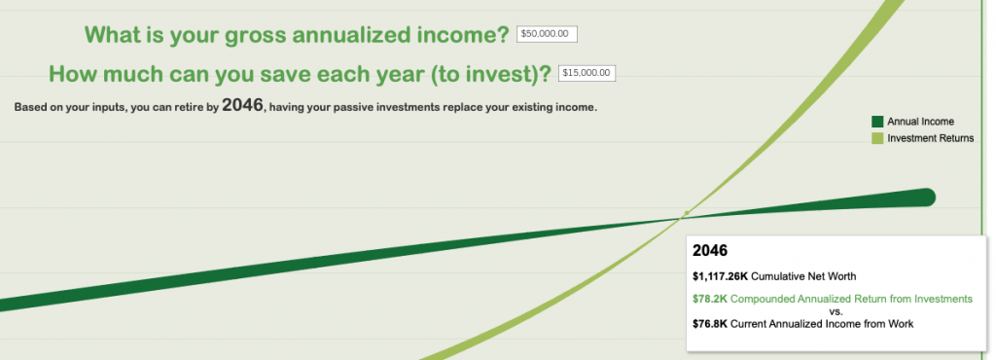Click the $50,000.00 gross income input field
[547, 34]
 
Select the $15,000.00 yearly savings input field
[587, 74]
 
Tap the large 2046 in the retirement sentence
[242, 105]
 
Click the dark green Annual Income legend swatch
[877, 122]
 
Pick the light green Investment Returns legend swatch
[877, 138]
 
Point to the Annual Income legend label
[920, 122]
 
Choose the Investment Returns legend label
[931, 138]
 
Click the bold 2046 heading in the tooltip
[710, 251]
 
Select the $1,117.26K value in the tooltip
[721, 276]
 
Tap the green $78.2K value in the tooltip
[710, 299]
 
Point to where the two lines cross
[680, 218]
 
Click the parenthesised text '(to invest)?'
[487, 75]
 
